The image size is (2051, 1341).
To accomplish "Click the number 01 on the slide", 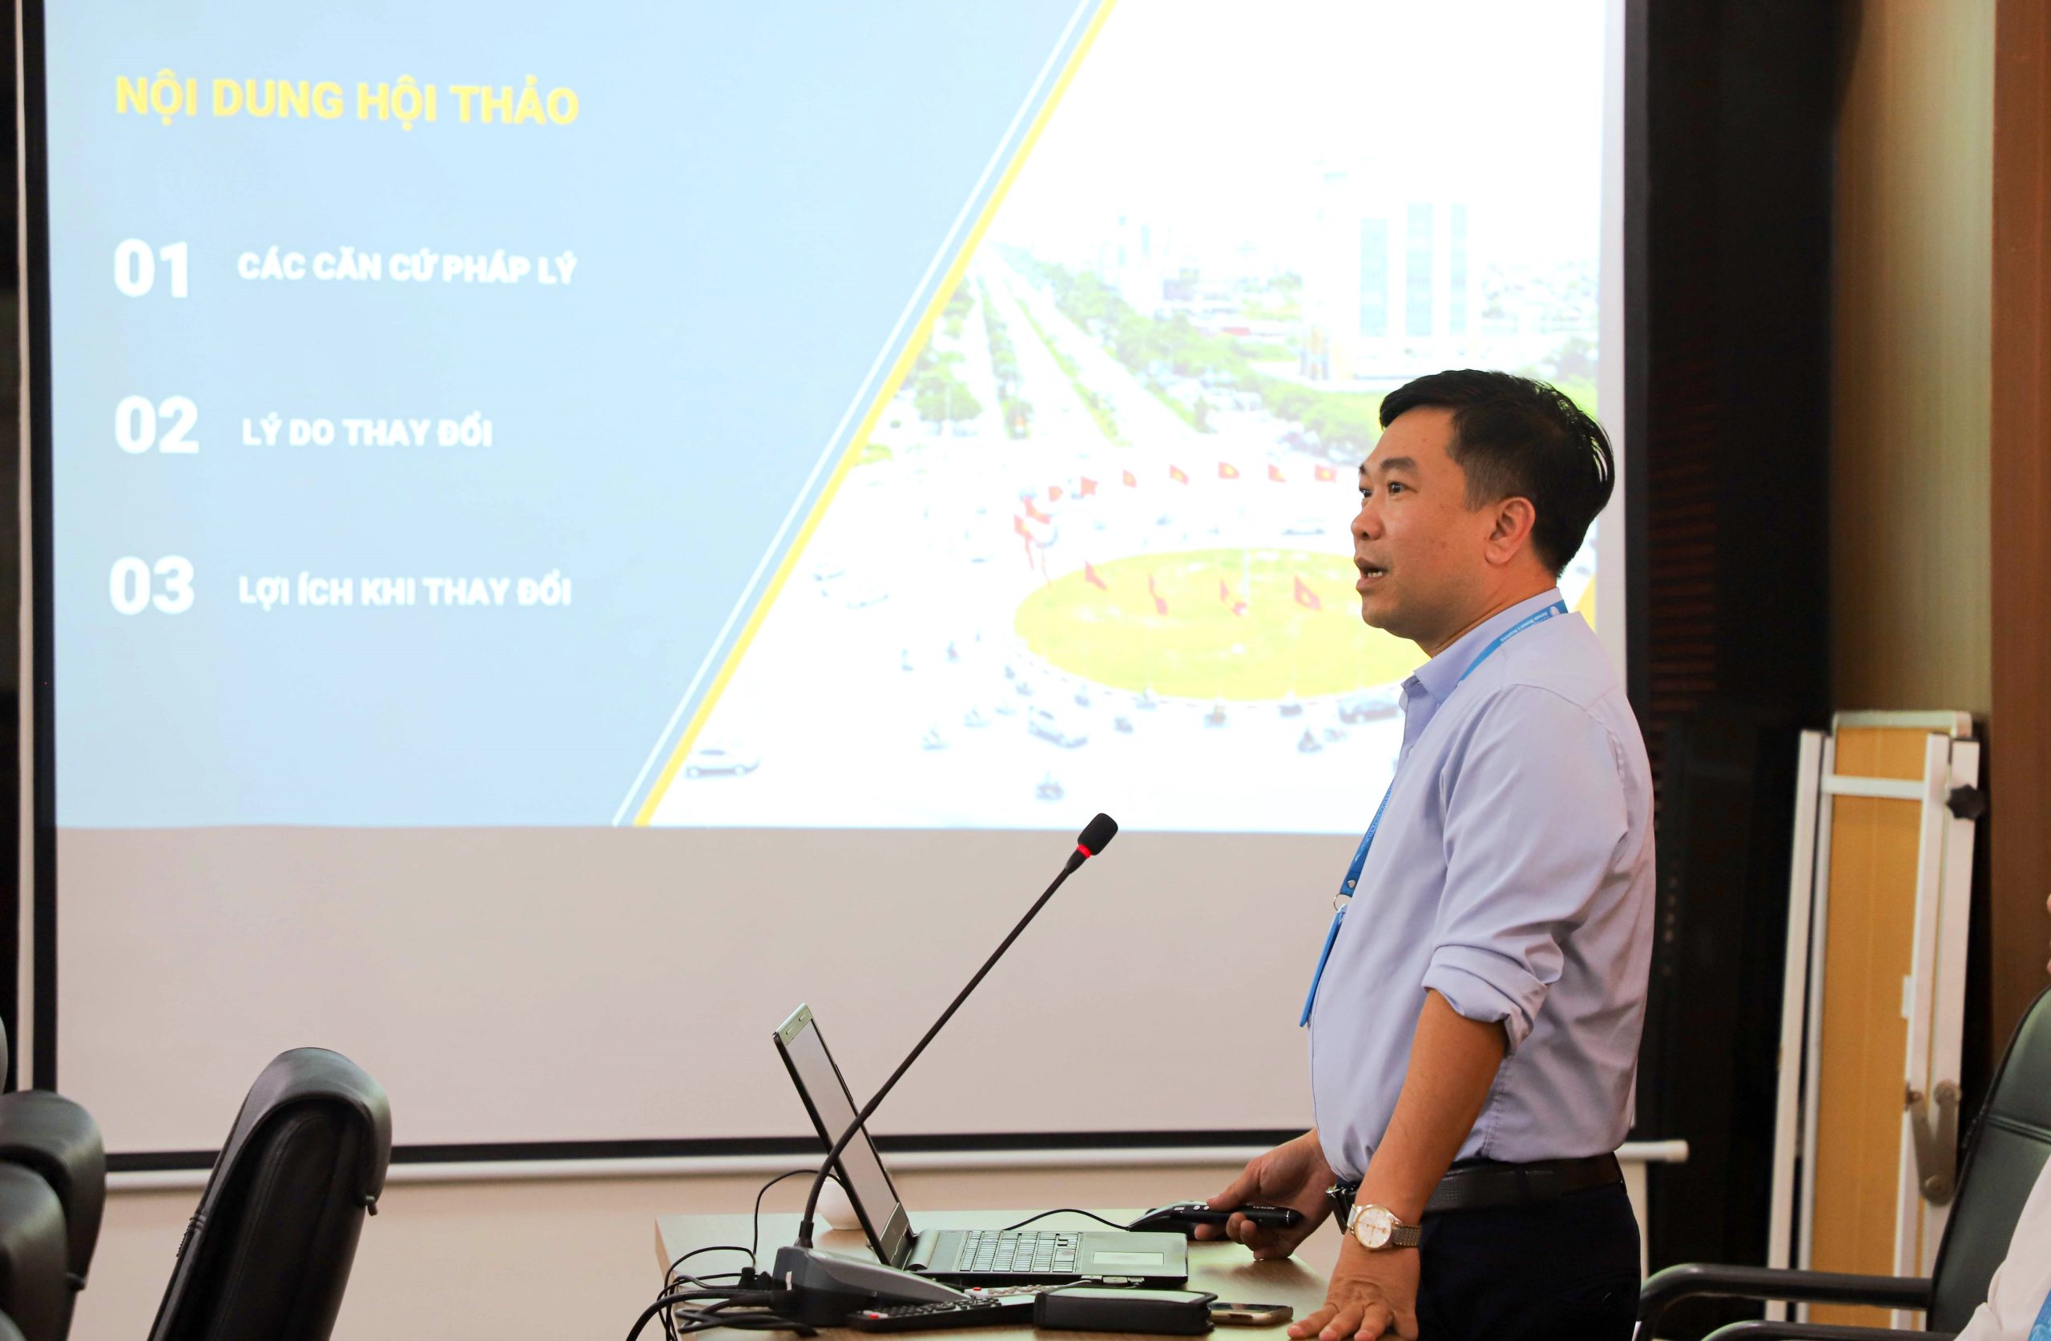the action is click(x=151, y=271).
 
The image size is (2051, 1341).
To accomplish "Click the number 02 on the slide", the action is click(x=156, y=425).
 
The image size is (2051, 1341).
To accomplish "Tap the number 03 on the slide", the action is click(x=151, y=587).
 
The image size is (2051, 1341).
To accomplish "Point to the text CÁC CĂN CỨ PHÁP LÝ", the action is click(x=406, y=268).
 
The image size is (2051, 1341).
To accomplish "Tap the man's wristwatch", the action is click(x=1380, y=1225).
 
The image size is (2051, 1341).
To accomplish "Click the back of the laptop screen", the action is click(x=840, y=1138).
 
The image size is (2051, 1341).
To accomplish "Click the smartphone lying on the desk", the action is click(x=1250, y=1312).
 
